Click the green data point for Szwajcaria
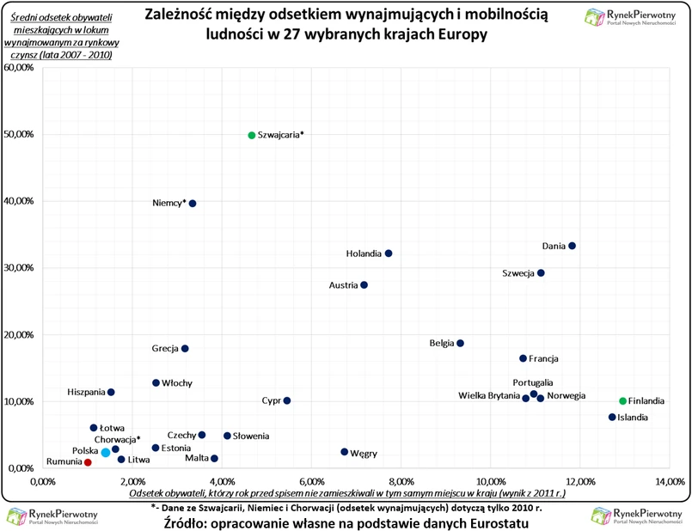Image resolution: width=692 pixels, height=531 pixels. pyautogui.click(x=252, y=135)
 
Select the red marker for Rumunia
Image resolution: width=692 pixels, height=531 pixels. pyautogui.click(x=88, y=462)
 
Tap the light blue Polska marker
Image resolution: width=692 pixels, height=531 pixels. pyautogui.click(x=106, y=452)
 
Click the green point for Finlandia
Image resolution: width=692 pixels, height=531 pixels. pyautogui.click(x=623, y=401)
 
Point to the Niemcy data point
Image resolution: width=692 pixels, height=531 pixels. pyautogui.click(x=193, y=204)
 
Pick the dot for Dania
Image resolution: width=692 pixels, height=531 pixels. pyautogui.click(x=572, y=246)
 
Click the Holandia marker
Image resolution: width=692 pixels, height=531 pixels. pyautogui.click(x=389, y=253)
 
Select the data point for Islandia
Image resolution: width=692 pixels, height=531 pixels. pyautogui.click(x=612, y=418)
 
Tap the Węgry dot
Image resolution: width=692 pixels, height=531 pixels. pyautogui.click(x=345, y=452)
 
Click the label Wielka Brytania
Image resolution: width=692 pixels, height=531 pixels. pyautogui.click(x=488, y=396)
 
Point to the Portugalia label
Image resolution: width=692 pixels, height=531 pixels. pyautogui.click(x=532, y=382)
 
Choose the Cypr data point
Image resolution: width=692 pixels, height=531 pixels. pyautogui.click(x=287, y=400)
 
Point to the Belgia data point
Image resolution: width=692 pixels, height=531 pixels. pyautogui.click(x=460, y=344)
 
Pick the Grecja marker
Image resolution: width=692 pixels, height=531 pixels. pyautogui.click(x=185, y=349)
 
